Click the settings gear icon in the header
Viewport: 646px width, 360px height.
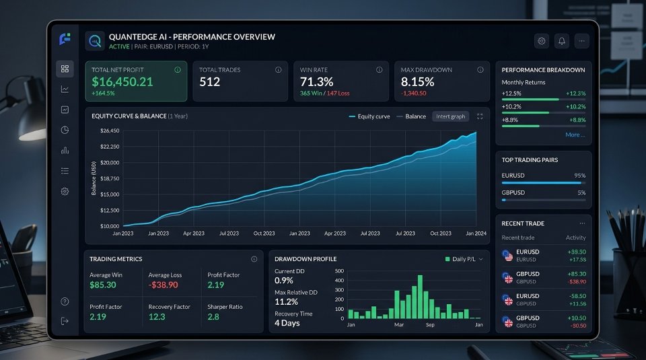coord(541,41)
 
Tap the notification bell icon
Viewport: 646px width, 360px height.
coord(561,41)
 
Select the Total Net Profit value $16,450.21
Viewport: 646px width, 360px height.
coord(122,81)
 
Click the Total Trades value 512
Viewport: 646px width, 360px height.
coord(210,81)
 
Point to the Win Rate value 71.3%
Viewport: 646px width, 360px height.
coord(316,81)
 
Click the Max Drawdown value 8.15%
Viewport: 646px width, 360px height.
coord(417,81)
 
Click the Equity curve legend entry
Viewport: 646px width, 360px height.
coord(369,116)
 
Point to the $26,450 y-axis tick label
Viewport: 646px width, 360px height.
coord(110,131)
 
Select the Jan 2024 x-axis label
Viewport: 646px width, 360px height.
coord(476,233)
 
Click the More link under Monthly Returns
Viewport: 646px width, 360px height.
coord(575,135)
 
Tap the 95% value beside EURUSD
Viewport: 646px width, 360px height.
coord(579,176)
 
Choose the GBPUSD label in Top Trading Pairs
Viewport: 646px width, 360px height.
coord(513,192)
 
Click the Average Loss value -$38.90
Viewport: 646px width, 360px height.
coord(163,285)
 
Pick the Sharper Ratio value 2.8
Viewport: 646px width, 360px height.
coord(213,317)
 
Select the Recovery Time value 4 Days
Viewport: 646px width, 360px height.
coord(287,323)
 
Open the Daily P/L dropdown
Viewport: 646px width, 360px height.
coord(464,259)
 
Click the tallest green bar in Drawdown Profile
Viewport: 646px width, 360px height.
coord(420,297)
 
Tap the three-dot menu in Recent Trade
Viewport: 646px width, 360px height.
coord(582,223)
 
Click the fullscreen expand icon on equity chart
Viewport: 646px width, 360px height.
coord(480,116)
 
